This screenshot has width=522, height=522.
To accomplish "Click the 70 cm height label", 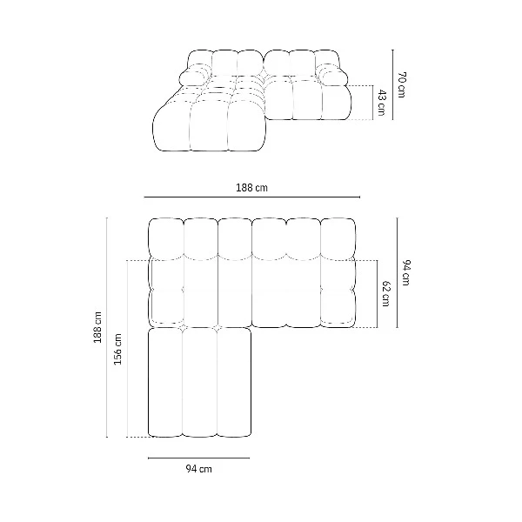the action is pos(401,84).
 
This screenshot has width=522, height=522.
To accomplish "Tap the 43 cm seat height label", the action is pos(382,103).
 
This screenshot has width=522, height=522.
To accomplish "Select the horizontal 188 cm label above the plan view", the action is pos(251,188).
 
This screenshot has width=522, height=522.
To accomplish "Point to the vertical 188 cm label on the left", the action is pos(97,327).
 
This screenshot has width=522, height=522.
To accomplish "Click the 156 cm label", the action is pos(117,349).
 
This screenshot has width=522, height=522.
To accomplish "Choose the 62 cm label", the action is pos(385,294).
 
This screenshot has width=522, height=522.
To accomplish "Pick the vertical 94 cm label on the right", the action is pos(405,272).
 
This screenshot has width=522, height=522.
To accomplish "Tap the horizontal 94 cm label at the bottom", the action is pos(198,469).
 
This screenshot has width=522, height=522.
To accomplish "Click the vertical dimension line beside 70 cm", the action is pos(392,84).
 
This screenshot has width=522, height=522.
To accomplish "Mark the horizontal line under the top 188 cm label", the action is pos(252,197).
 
